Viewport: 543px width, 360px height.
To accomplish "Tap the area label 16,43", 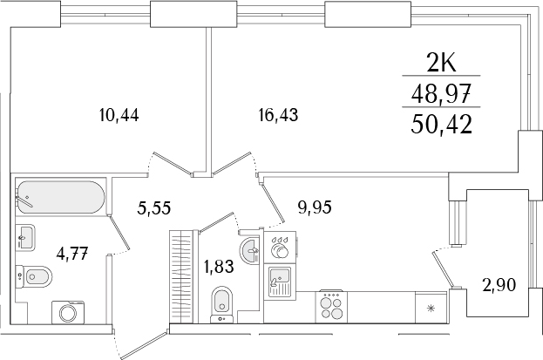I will [x=278, y=114].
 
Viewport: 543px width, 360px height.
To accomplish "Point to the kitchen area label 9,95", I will [x=315, y=207].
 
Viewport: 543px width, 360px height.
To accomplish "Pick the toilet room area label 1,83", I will [x=218, y=267].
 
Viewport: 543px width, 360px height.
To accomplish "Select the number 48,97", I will [x=444, y=92].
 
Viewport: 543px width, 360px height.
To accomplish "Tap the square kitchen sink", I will [x=279, y=279].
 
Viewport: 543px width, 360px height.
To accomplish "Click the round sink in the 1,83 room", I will [x=250, y=249].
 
